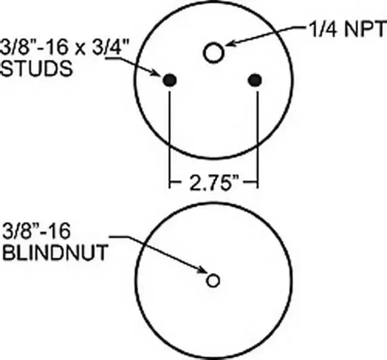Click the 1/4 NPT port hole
coord(214,53)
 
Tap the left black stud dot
coord(170,80)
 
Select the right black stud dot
coord(255,80)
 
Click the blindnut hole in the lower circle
coord(213,280)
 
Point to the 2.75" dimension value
coord(215,183)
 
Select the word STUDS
coord(37,68)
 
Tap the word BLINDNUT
coord(55,252)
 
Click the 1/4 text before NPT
coord(323,29)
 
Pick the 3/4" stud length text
coord(111,47)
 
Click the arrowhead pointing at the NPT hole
coord(229,43)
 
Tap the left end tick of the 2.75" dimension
coord(170,183)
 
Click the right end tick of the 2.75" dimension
coord(258,183)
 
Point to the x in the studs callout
coord(80,49)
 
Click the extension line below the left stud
coord(170,140)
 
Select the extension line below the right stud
coord(258,140)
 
